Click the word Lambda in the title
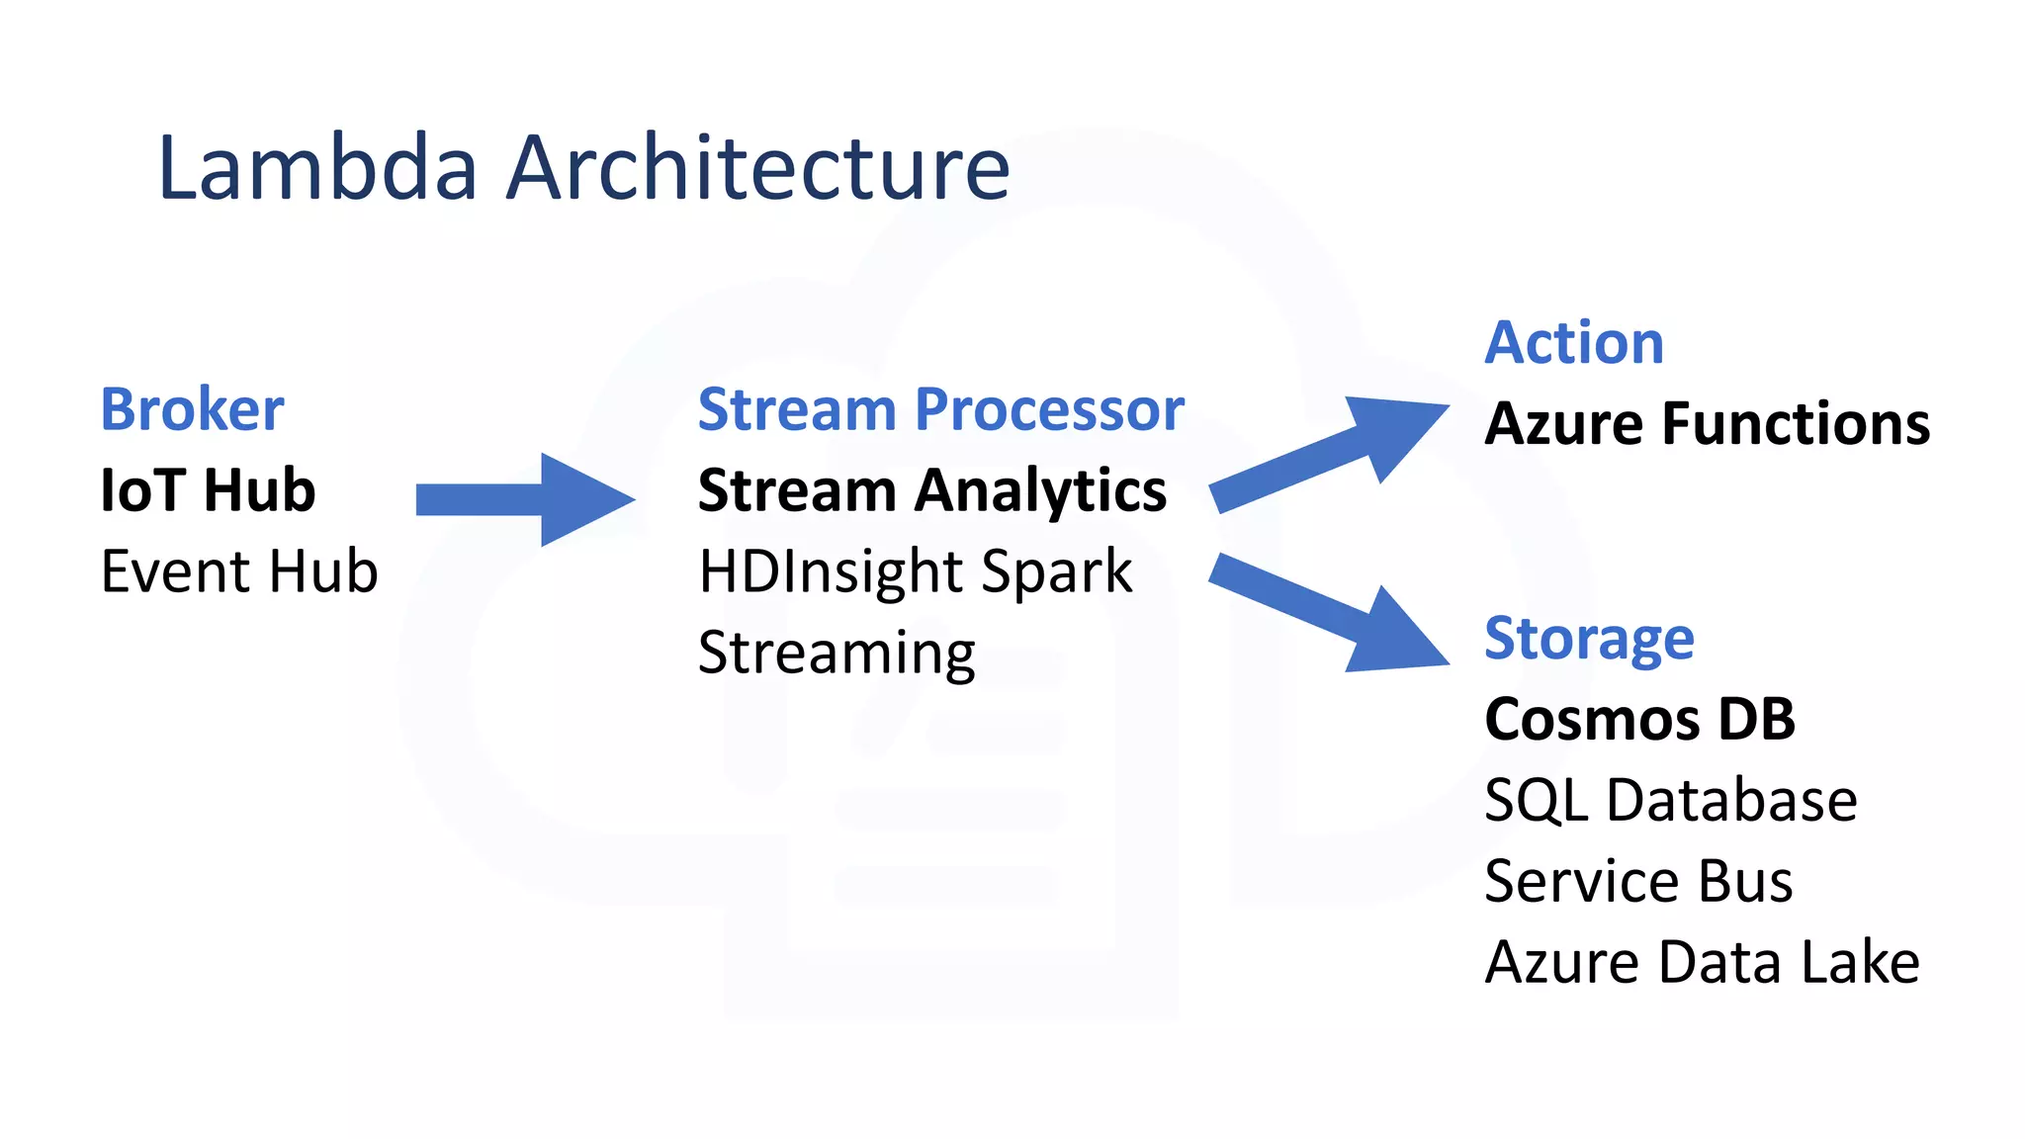317,167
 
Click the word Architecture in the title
758,167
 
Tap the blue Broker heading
193,409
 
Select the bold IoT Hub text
208,490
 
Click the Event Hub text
239,571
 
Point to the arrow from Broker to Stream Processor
524,499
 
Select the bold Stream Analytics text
931,490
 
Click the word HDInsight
825,571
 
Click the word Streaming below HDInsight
836,653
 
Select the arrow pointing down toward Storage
1330,614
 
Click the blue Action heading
1574,343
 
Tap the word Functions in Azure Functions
1796,424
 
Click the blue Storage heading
1589,638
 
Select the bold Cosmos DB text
1639,719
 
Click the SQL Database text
1671,800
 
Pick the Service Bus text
1638,881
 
